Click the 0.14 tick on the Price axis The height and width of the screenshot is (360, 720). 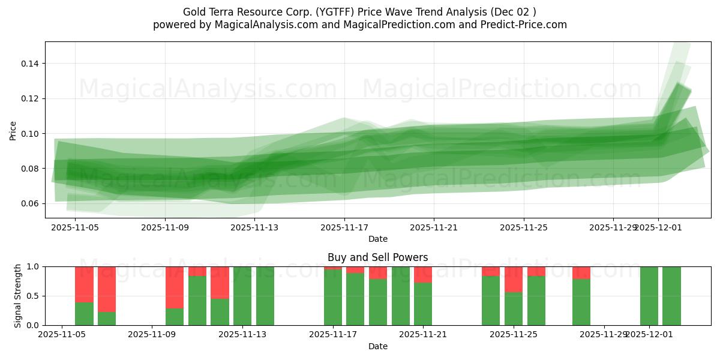click(x=31, y=64)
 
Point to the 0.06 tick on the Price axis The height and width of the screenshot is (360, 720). click(x=31, y=204)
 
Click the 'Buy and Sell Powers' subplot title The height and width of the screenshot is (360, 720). click(x=377, y=257)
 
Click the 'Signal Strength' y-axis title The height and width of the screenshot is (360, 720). click(x=18, y=296)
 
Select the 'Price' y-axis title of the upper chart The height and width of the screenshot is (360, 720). click(x=13, y=130)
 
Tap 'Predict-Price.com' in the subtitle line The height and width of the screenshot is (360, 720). click(x=520, y=25)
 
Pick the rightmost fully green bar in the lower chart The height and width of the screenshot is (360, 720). click(x=671, y=296)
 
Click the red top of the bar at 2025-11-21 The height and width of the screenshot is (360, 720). click(x=423, y=274)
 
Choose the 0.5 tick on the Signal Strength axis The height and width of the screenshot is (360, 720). click(x=34, y=296)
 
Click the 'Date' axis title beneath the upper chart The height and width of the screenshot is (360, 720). click(x=377, y=239)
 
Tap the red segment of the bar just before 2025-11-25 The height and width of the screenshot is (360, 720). click(x=491, y=271)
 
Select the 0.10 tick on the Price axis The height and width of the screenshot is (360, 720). click(x=31, y=134)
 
